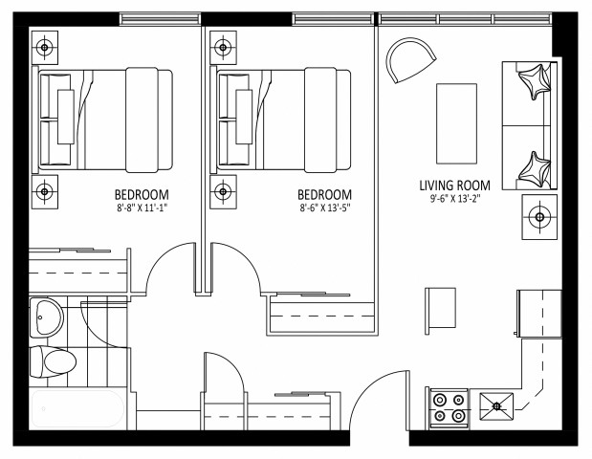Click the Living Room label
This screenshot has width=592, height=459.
(x=454, y=186)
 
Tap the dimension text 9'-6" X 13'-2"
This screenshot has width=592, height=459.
(x=454, y=201)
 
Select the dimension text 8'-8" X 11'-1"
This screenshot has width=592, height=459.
(x=141, y=206)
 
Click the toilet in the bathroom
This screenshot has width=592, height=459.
(x=53, y=361)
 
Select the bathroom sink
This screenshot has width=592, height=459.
(x=46, y=317)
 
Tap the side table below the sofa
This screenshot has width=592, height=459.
(x=539, y=218)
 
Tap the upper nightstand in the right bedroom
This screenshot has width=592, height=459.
(x=223, y=46)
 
